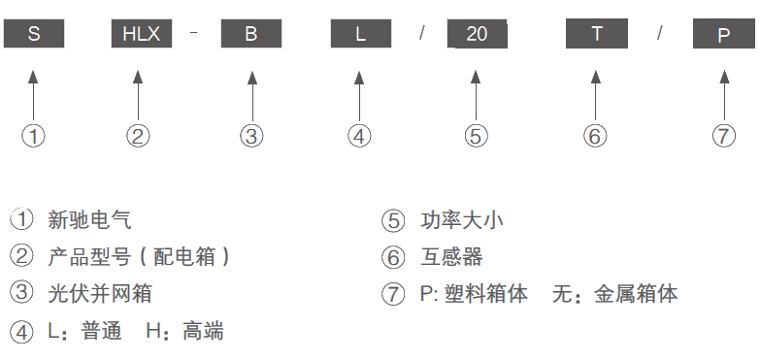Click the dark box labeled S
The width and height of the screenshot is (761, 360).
33,33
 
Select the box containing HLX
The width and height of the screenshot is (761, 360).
142,33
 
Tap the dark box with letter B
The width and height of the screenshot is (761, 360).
251,33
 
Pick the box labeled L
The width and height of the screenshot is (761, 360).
361,33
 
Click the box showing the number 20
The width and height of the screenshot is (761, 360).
478,34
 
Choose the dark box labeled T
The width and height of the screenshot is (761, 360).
597,33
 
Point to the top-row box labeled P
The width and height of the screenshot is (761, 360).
724,34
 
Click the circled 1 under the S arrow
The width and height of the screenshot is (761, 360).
33,136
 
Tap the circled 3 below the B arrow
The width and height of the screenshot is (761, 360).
252,136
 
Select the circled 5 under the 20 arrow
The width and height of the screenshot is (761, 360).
476,136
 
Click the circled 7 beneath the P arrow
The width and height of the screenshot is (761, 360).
724,136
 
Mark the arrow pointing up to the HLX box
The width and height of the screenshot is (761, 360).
138,95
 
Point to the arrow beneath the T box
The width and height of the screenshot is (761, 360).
596,95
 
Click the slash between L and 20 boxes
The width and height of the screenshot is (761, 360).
422,33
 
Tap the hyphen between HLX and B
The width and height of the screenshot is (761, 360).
194,33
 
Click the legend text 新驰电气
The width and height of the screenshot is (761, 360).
89,220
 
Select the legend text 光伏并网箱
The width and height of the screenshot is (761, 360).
100,294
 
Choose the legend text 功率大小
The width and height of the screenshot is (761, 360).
462,220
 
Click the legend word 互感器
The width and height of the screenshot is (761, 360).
452,257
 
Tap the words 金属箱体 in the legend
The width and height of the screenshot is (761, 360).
637,294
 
